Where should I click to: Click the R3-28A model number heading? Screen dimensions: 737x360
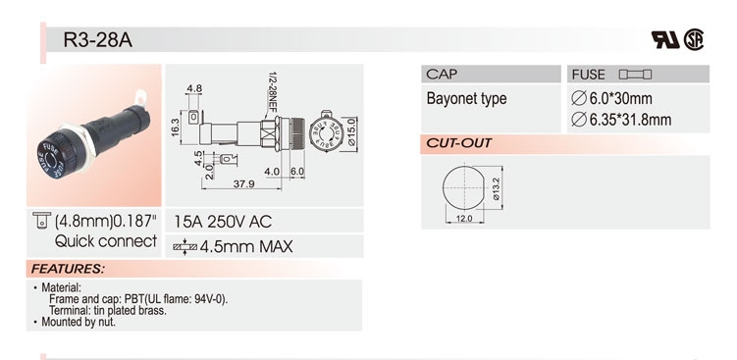98,40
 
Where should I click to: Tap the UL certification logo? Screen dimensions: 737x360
665,40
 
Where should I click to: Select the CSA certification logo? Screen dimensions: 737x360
693,39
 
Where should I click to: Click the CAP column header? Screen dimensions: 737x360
442,74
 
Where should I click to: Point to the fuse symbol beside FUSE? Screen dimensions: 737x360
635,75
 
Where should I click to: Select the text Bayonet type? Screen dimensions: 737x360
466,99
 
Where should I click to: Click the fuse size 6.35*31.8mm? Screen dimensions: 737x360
621,120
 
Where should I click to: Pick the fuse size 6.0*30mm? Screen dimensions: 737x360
611,99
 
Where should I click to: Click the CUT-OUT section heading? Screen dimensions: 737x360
458,143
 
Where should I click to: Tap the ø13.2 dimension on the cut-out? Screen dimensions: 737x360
496,188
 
